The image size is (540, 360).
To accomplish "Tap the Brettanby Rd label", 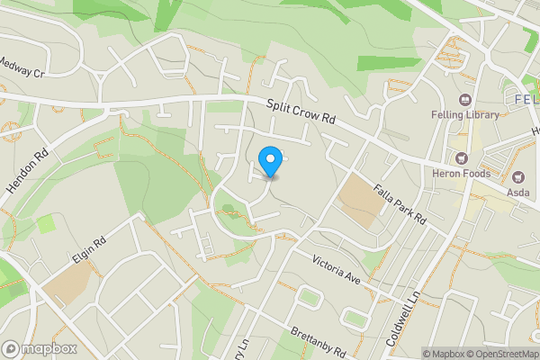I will pos(316,342).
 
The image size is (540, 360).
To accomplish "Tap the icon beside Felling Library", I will pos(465,99).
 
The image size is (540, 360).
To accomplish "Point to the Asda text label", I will pos(517,192).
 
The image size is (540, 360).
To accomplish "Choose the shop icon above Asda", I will pos(517,176).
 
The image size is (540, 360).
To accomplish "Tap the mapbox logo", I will pos(40,349).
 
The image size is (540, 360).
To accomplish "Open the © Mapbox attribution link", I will pos(442,354).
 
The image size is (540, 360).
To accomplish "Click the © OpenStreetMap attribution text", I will pos(501,354).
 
